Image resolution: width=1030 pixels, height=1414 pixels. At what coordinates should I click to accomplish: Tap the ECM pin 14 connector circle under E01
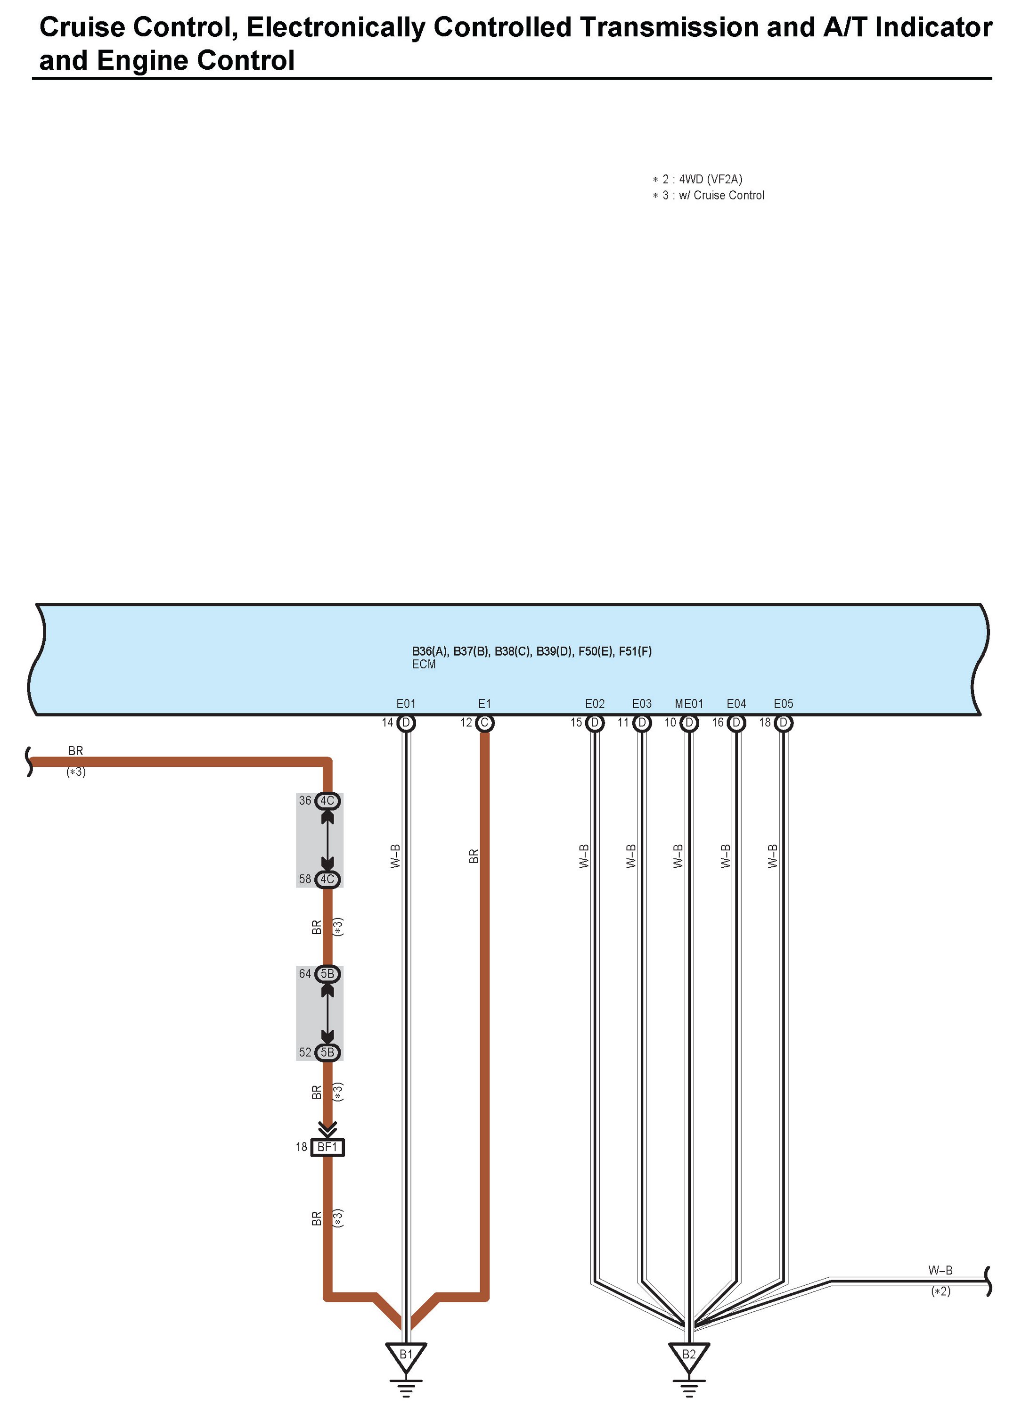(x=406, y=723)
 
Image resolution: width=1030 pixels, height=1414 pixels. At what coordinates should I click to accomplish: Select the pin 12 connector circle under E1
(x=484, y=723)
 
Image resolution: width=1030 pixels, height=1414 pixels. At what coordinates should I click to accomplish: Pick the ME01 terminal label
(x=688, y=704)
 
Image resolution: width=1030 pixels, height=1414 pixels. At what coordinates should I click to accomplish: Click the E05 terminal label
(x=783, y=704)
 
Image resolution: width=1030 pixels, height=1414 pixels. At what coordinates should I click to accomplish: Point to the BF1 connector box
(x=327, y=1147)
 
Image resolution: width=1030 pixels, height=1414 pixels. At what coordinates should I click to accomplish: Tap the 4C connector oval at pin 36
(x=327, y=800)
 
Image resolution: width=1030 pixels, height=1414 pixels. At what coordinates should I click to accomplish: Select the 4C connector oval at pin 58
(x=327, y=880)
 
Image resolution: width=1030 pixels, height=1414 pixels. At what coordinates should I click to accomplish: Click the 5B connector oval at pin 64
(x=327, y=974)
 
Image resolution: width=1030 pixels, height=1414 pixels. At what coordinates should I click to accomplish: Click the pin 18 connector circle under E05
(x=784, y=723)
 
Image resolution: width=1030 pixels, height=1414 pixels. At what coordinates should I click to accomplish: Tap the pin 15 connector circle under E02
(x=595, y=723)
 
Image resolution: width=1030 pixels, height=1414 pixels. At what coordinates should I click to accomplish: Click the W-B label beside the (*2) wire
(x=940, y=1271)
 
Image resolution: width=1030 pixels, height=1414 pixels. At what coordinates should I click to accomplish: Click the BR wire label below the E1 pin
(x=474, y=856)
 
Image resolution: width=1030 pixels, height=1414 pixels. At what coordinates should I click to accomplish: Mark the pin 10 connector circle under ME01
(x=689, y=723)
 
